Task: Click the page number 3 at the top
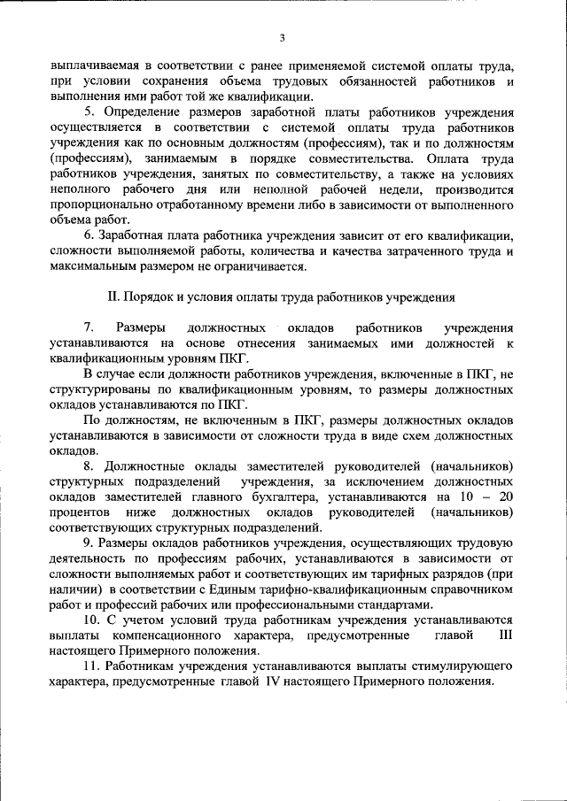283,37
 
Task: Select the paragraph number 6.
89,235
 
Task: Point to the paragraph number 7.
89,328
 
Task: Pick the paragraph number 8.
89,466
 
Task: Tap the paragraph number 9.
89,543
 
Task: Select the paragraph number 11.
91,666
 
